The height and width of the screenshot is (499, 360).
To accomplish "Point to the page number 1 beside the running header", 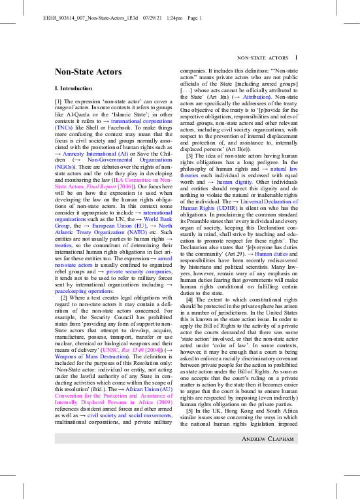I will click(296, 58).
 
